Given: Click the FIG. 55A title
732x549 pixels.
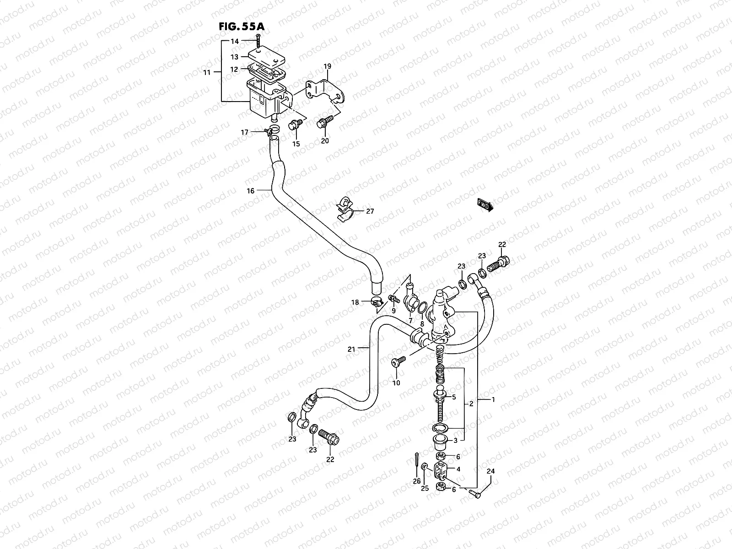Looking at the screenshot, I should [241, 27].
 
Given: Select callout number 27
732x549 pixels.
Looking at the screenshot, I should [370, 211].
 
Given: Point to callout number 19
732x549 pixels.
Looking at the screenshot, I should [327, 66].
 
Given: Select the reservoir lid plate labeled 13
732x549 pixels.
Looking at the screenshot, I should [265, 59].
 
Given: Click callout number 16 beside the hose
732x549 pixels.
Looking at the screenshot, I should [250, 191].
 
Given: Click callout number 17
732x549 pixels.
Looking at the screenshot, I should [245, 133].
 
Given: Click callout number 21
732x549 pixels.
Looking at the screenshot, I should [351, 349].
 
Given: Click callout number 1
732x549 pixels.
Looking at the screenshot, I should [493, 399].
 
